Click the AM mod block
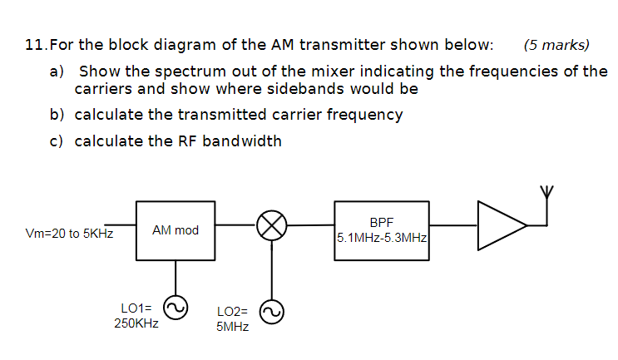pyautogui.click(x=176, y=229)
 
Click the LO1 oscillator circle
pyautogui.click(x=176, y=309)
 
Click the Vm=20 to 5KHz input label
pyautogui.click(x=70, y=234)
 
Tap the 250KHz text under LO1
pyautogui.click(x=136, y=323)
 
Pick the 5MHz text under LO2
pyautogui.click(x=232, y=327)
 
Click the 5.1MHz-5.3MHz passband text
pyautogui.click(x=383, y=237)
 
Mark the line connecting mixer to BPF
pyautogui.click(x=310, y=224)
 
